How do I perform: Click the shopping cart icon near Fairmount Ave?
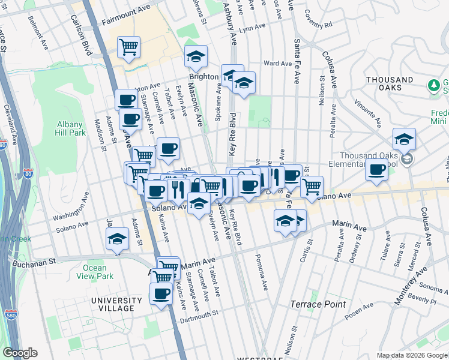point(129,47)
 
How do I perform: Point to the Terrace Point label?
point(318,304)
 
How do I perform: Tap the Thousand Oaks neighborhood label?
point(390,84)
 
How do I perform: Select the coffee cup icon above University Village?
point(161,294)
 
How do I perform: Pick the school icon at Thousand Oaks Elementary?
point(405,139)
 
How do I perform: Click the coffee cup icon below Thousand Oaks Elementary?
point(376,170)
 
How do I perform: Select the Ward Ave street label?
point(277,63)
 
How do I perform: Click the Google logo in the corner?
point(20,353)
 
